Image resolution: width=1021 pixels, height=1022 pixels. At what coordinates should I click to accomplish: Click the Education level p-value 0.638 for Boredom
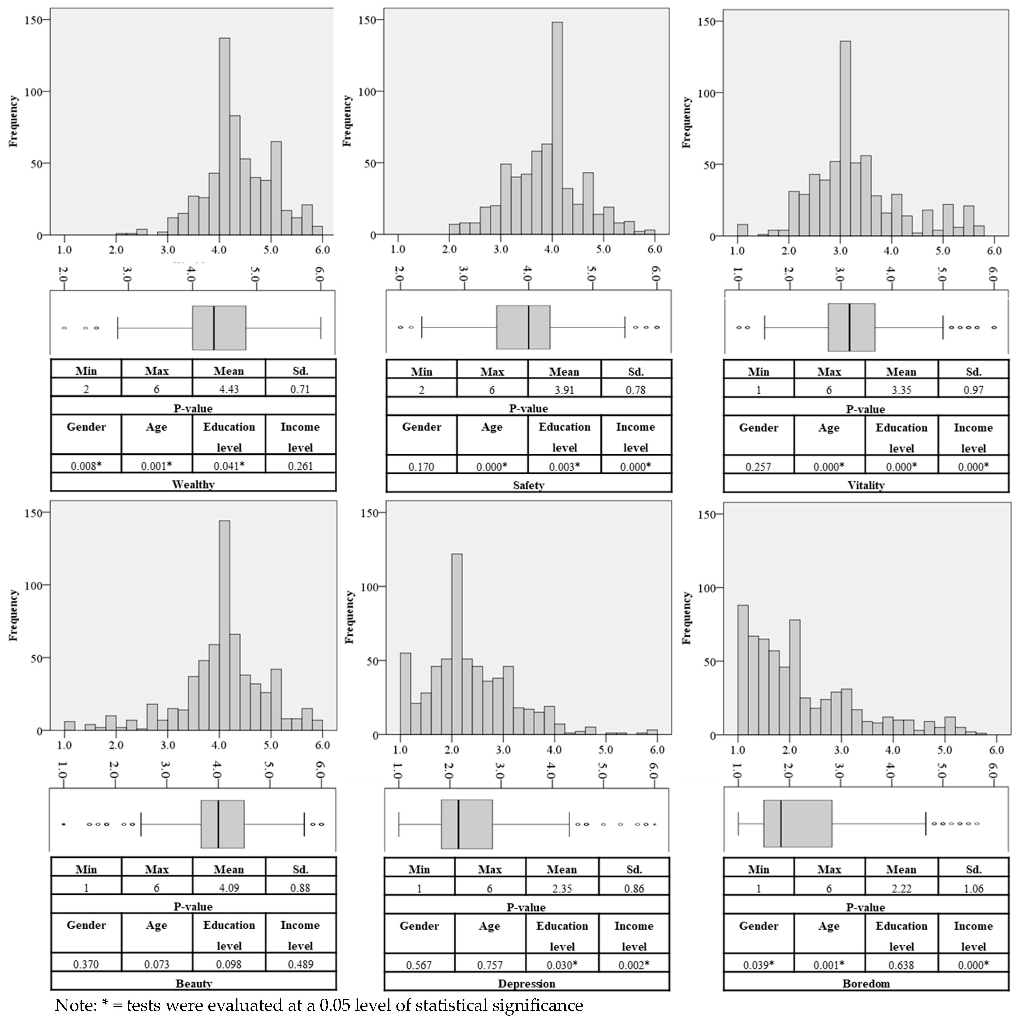[901, 965]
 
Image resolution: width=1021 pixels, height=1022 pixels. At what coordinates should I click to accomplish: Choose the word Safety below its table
[529, 484]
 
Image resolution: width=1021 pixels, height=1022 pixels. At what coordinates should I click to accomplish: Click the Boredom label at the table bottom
[866, 983]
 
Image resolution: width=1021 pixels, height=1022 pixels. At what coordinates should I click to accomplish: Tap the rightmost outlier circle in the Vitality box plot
[994, 327]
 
